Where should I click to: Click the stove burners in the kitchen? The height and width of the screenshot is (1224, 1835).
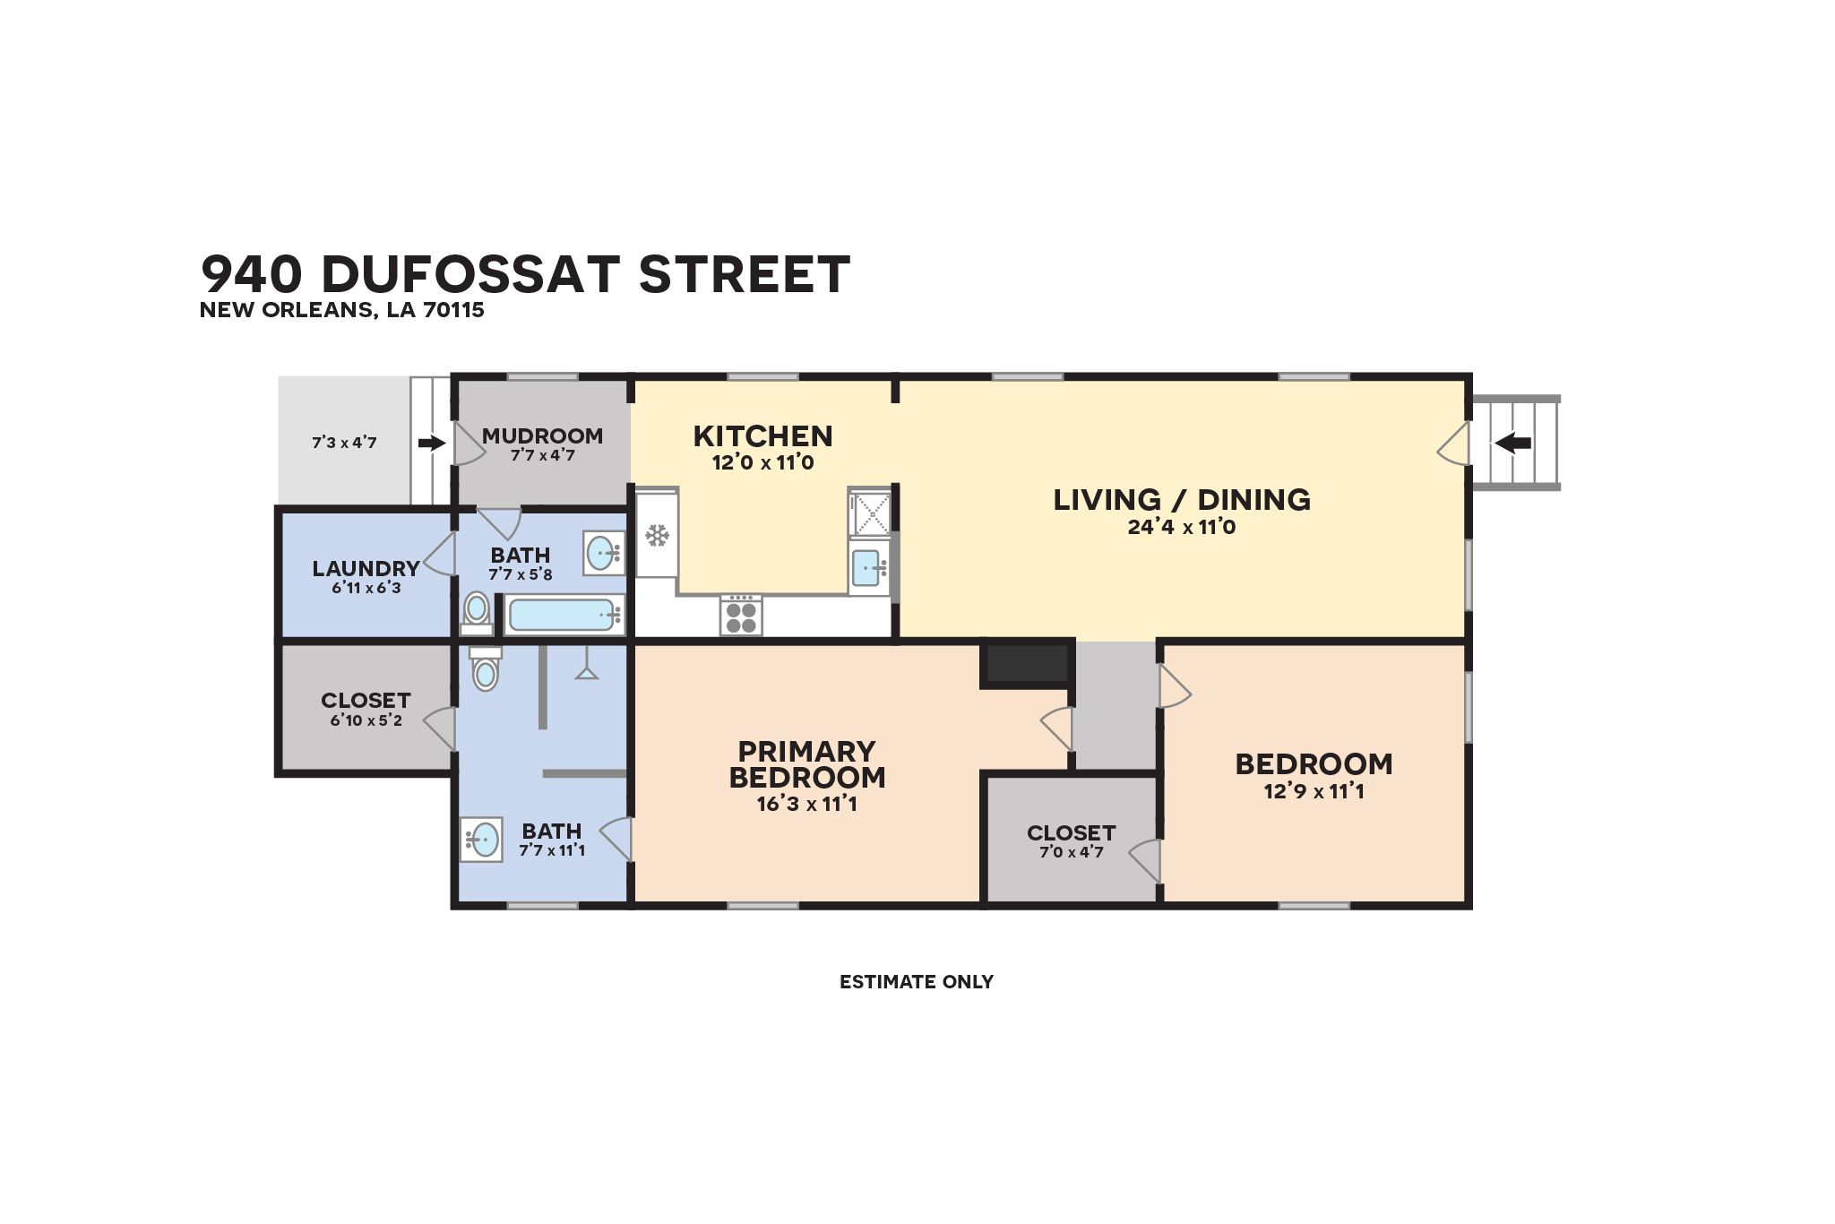click(741, 617)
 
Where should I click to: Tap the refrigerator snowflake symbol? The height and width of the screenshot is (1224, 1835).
click(657, 536)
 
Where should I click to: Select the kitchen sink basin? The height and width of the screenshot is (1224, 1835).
click(866, 568)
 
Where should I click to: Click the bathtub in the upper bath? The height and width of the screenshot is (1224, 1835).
click(562, 615)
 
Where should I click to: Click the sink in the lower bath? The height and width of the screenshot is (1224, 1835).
click(483, 840)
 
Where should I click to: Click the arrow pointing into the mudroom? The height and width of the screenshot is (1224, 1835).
click(432, 443)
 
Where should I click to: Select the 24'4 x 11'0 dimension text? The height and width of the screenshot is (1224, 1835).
click(1181, 527)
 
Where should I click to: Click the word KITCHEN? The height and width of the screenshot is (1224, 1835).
click(762, 436)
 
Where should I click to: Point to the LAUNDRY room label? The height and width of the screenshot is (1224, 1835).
click(366, 568)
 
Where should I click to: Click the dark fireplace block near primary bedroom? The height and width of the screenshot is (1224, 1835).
click(1027, 664)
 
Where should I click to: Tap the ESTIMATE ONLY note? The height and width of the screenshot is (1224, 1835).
click(916, 982)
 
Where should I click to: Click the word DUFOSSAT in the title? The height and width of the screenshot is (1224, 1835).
click(470, 274)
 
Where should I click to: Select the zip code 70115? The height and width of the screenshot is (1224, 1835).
click(453, 310)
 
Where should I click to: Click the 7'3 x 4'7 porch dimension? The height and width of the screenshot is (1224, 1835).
click(344, 443)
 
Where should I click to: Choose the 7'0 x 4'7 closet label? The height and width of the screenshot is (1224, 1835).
click(1071, 852)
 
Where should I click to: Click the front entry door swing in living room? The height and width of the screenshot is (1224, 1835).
click(1453, 444)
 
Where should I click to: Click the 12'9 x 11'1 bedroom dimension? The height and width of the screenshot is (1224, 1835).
click(1314, 791)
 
